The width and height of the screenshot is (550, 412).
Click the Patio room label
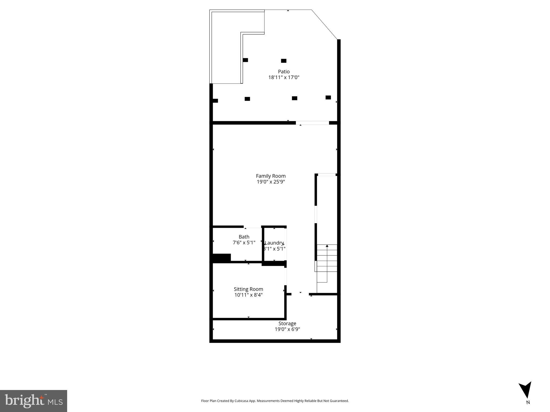pos(284,72)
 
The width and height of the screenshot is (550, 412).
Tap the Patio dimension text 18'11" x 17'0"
pos(284,78)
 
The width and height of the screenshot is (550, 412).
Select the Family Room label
pos(270,176)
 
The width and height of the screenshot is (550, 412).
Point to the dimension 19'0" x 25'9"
pos(270,182)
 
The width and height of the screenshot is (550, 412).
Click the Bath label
pos(244,237)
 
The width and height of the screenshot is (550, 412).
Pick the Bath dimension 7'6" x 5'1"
pos(244,243)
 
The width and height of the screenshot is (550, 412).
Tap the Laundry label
pos(274,243)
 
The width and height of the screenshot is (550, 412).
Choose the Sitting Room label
pos(248,289)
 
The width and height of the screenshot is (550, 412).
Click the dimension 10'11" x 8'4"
pos(248,295)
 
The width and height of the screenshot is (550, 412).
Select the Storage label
pos(287,323)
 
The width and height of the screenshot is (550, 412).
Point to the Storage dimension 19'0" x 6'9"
pos(287,329)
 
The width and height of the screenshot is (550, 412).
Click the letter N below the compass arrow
pos(528,402)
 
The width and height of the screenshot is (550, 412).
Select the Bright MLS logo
pos(34,401)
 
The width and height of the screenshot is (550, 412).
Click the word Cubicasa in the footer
pos(241,401)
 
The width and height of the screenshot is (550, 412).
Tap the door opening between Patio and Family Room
pos(312,123)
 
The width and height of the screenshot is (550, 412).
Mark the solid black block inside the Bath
pos(222,257)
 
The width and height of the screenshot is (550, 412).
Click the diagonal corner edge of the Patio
pos(324,25)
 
